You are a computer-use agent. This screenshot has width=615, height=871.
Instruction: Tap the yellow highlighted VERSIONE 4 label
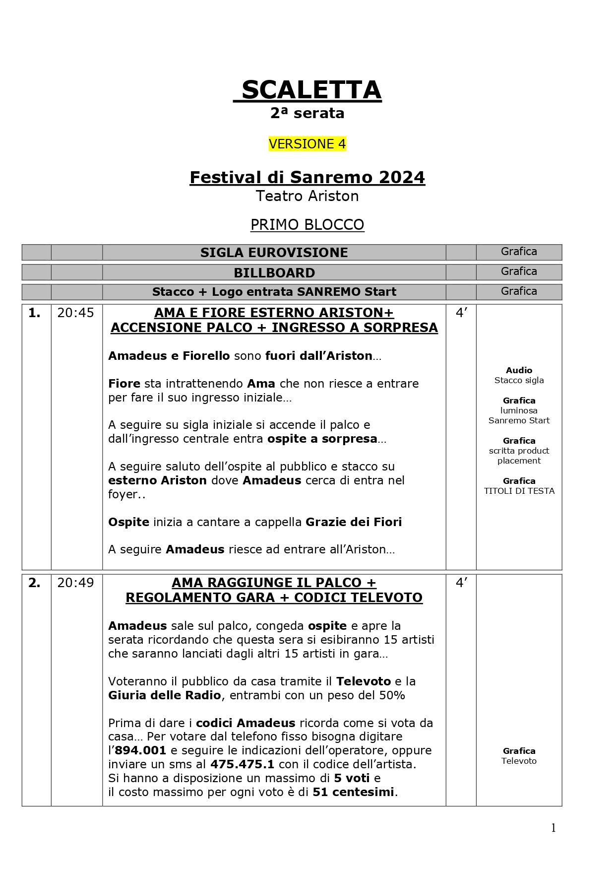pos(307,144)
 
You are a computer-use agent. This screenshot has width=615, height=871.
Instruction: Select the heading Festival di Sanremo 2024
pos(307,177)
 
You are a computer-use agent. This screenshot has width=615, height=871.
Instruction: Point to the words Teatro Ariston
pos(307,196)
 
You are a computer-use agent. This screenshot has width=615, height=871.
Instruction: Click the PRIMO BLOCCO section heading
pos(307,225)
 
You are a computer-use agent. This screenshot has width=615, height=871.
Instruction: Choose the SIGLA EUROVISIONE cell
pos(274,253)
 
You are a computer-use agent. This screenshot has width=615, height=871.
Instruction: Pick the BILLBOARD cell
pos(274,273)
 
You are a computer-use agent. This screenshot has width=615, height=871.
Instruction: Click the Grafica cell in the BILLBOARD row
pos(519,271)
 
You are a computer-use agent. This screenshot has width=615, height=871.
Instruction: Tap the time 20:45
pos(75,313)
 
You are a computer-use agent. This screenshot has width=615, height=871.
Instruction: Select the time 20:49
pos(75,583)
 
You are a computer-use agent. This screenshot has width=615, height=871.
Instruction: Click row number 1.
pos(34,313)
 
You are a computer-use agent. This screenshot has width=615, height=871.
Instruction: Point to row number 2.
pos(34,583)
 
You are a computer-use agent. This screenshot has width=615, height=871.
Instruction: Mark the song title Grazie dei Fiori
pos(354,522)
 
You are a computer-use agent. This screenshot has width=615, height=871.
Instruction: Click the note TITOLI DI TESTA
pos(519,491)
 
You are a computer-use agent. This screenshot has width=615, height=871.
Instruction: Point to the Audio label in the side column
pos(519,370)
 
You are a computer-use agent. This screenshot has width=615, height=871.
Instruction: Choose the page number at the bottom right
pos(553,828)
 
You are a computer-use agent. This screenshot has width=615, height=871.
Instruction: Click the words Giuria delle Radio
pos(164,695)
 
